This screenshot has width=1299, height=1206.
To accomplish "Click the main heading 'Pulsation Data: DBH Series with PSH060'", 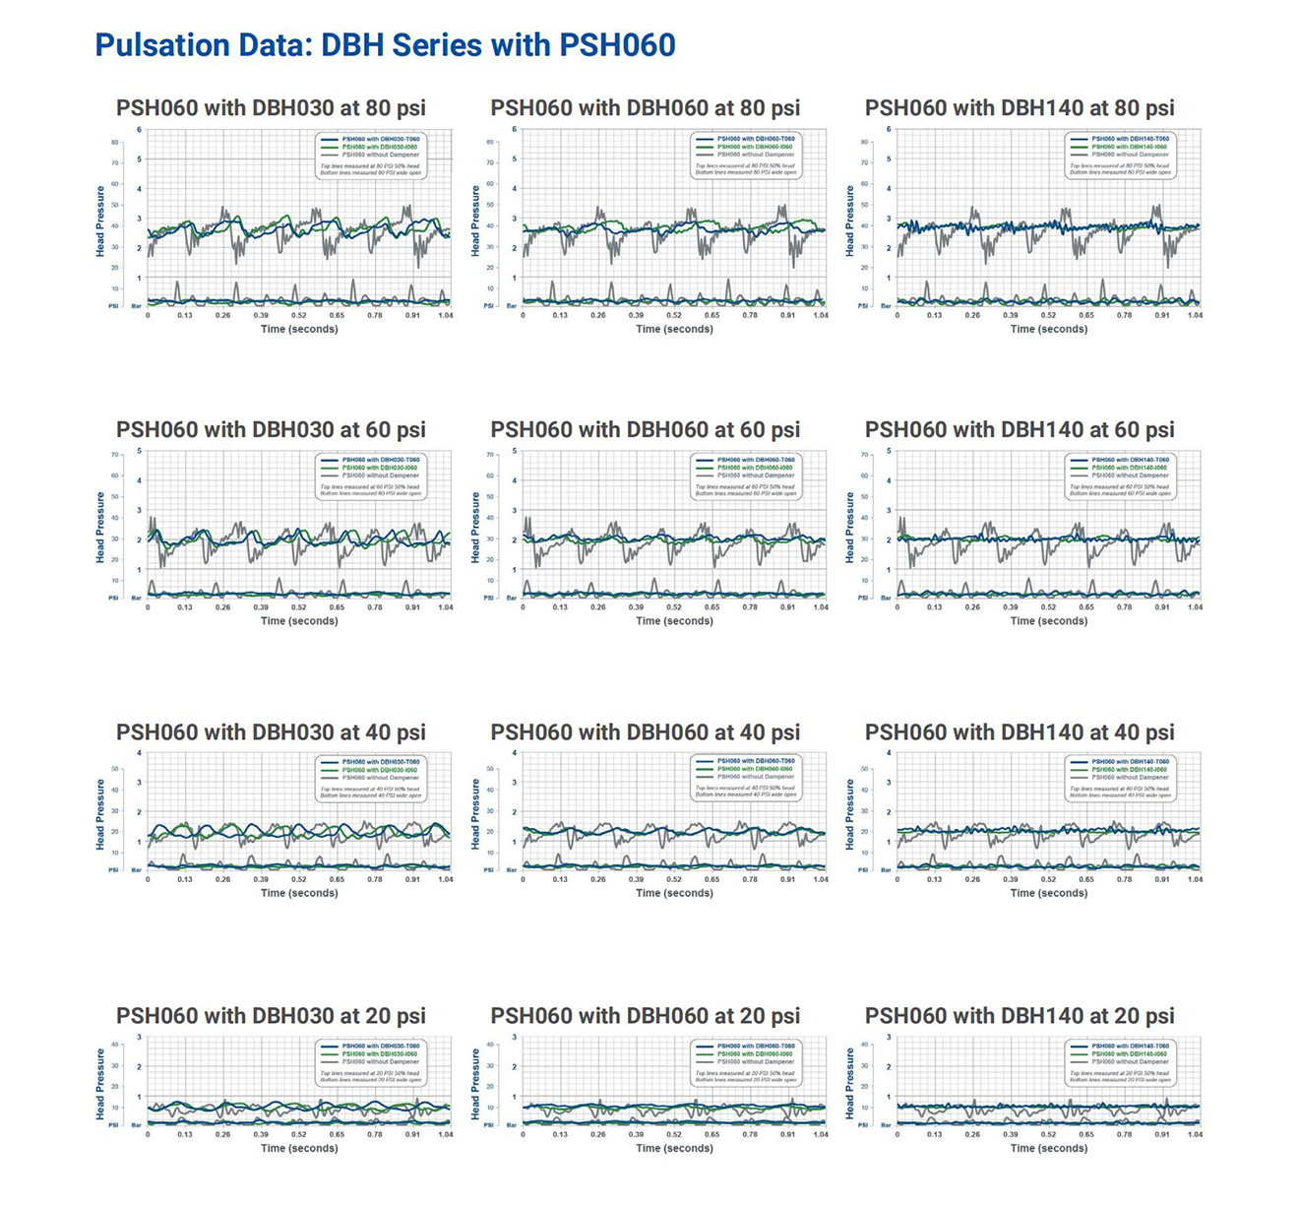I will (x=385, y=45).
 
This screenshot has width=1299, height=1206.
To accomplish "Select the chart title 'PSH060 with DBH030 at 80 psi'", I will (x=271, y=108).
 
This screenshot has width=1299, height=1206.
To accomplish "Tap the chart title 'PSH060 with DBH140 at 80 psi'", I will (x=1020, y=108).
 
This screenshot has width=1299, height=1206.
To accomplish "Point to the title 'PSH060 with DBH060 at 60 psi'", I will (x=645, y=430).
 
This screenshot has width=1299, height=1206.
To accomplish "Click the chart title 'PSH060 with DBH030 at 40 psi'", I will (x=271, y=732).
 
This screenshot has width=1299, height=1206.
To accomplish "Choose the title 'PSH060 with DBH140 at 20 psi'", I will (x=1020, y=1016).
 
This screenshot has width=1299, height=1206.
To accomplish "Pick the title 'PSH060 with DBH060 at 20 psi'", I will (x=645, y=1016).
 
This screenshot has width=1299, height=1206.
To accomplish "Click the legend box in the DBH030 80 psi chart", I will (x=370, y=156).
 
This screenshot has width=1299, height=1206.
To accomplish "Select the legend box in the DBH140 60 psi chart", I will (x=1120, y=476).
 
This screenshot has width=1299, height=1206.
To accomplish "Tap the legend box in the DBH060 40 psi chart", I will (x=745, y=778).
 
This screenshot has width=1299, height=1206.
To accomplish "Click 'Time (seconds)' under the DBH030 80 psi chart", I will (x=299, y=329).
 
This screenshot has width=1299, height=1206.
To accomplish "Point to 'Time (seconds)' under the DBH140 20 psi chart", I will (x=1049, y=1148).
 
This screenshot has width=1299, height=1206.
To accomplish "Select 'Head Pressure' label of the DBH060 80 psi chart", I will (x=475, y=222).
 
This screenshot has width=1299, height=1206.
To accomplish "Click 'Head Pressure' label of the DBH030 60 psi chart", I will (x=100, y=528).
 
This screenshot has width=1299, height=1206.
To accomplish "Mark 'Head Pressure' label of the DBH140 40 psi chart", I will (x=850, y=814).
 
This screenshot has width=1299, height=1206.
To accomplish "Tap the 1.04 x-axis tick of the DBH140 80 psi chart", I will (x=1195, y=315).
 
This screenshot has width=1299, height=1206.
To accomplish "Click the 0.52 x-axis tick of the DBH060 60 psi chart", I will (x=674, y=607).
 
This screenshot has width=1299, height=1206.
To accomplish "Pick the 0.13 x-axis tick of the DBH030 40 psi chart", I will (x=185, y=879).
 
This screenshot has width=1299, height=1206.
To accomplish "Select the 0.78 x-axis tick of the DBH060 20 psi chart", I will (x=750, y=1134).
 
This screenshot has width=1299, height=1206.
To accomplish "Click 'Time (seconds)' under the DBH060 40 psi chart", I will (x=674, y=893).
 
